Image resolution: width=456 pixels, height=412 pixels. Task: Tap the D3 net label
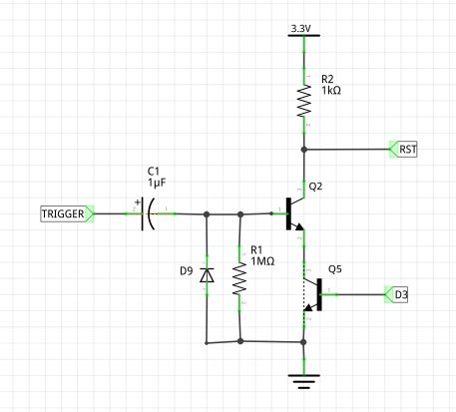click(400, 294)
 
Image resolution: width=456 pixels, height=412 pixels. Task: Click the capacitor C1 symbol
click(148, 213)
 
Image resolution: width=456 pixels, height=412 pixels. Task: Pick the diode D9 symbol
click(206, 274)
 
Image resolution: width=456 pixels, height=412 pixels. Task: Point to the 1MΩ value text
click(262, 261)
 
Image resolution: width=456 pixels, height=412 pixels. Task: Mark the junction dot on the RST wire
click(302, 150)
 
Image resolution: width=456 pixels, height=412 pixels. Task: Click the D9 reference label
click(186, 271)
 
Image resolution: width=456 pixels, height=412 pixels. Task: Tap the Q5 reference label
click(336, 269)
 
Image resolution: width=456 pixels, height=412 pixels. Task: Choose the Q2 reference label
click(316, 186)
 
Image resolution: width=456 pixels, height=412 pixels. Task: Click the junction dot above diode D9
click(206, 213)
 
